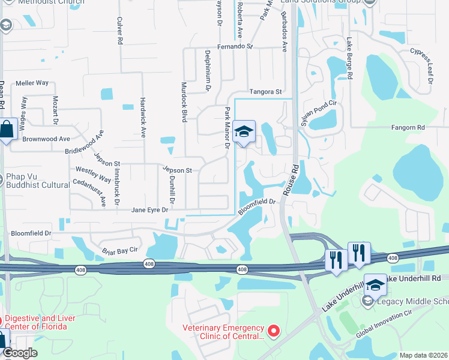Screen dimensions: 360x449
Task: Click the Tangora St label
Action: point(266,92)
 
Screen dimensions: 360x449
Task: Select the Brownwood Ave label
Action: point(47,139)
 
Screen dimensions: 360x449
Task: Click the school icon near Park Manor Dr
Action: point(244,132)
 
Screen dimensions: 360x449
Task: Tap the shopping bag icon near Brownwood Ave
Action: point(6,130)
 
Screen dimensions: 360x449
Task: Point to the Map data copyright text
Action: point(423,355)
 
